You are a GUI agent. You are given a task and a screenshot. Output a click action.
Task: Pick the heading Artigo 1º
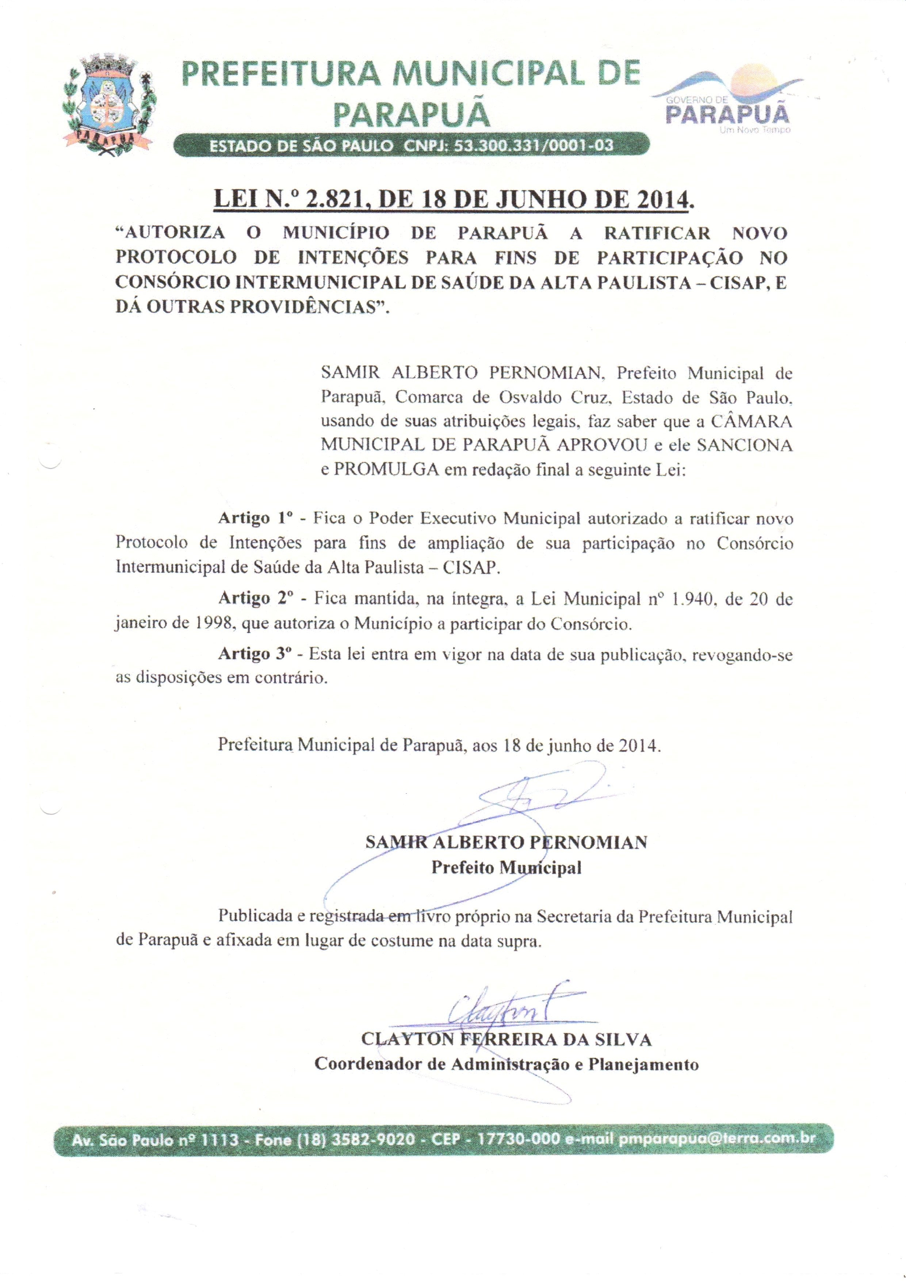point(255,518)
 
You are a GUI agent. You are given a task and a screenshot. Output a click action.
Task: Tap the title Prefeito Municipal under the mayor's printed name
point(506,868)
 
